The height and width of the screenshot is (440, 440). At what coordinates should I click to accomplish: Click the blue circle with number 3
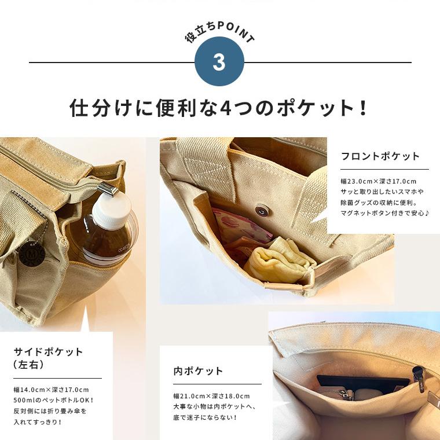click(x=219, y=62)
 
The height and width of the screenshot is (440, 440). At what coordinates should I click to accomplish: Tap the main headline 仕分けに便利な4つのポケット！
click(x=219, y=108)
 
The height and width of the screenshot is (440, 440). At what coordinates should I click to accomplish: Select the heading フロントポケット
click(x=380, y=156)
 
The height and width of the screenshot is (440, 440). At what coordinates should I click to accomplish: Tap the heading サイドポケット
click(x=48, y=351)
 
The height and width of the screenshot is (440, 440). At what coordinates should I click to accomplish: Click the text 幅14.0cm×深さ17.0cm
click(x=51, y=389)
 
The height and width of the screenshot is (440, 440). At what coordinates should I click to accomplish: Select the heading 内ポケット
click(x=198, y=371)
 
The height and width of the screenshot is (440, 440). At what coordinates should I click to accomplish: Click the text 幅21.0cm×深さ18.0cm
click(x=211, y=396)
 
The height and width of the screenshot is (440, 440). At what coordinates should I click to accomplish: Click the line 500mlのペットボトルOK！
click(x=53, y=400)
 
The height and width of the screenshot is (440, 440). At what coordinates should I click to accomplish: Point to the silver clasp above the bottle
click(x=107, y=189)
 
